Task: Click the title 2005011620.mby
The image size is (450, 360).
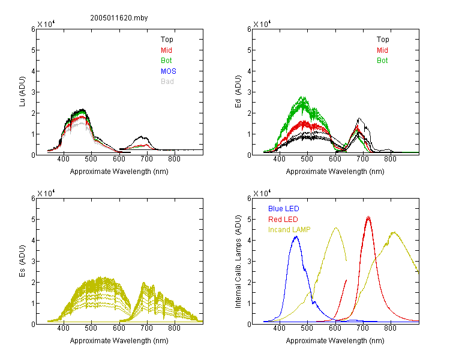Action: pyautogui.click(x=119, y=18)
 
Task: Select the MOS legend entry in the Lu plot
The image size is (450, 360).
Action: pyautogui.click(x=169, y=71)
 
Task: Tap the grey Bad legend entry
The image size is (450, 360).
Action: pyautogui.click(x=167, y=82)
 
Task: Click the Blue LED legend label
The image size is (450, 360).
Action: pyautogui.click(x=284, y=209)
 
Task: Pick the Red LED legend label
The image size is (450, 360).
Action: pyautogui.click(x=283, y=220)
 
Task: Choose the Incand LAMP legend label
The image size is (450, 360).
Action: pyautogui.click(x=289, y=230)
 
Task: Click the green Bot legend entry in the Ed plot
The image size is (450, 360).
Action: pyautogui.click(x=382, y=61)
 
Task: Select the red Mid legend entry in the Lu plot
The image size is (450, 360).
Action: pyautogui.click(x=166, y=50)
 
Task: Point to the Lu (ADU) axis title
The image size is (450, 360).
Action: pyautogui.click(x=22, y=92)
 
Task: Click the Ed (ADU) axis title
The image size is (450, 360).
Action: pyautogui.click(x=238, y=92)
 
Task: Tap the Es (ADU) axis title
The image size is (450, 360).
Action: pyautogui.click(x=22, y=261)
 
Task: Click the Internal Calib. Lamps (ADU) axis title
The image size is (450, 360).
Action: pyautogui.click(x=238, y=262)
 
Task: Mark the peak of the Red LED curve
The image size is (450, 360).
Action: pyautogui.click(x=368, y=217)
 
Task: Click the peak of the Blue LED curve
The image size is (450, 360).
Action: pyautogui.click(x=296, y=236)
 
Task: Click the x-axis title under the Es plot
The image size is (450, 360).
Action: pyautogui.click(x=119, y=341)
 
